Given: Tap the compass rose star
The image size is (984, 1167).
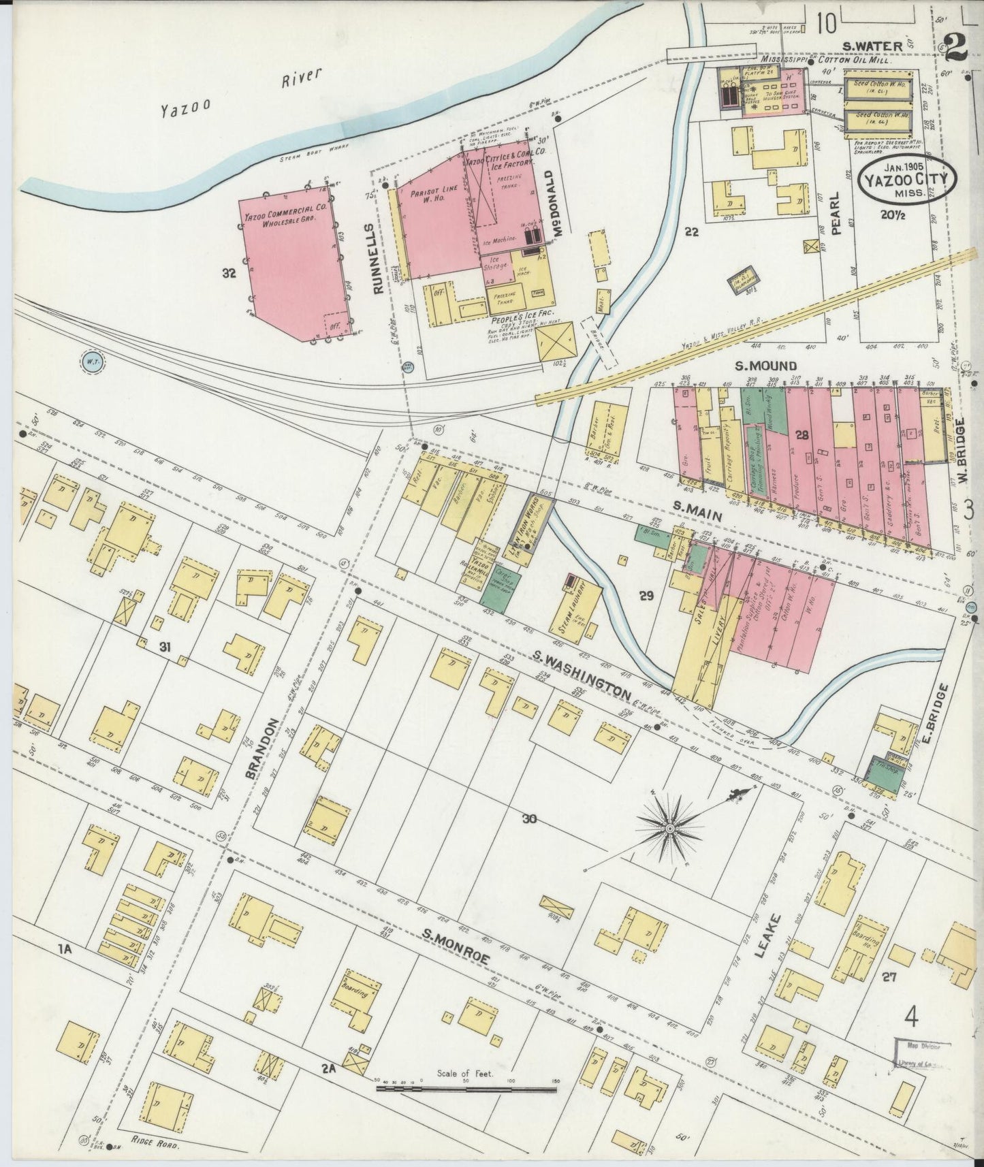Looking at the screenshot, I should (x=669, y=828).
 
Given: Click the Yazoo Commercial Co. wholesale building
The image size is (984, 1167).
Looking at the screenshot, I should (x=293, y=259).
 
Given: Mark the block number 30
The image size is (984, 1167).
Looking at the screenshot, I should (x=529, y=820).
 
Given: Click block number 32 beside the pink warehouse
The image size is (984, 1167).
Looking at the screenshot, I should (x=229, y=274).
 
